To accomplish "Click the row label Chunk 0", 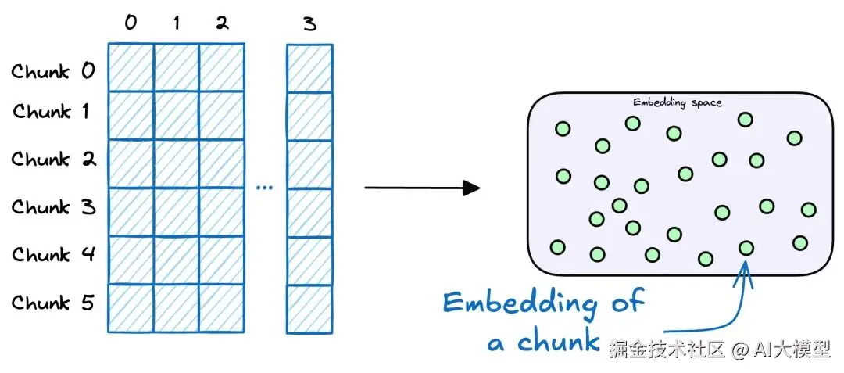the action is tap(53, 72).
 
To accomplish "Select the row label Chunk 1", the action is tap(51, 112).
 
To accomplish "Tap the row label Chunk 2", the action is tap(53, 160).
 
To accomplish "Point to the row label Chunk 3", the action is tap(53, 207).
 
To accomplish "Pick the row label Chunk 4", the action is tap(53, 255).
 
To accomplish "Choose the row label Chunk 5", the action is tap(53, 303).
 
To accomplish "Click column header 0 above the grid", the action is tap(131, 23).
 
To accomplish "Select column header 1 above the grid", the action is tap(177, 23).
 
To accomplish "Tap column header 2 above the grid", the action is tap(222, 23).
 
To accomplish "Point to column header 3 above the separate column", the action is tap(309, 24).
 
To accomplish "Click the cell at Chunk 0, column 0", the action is tap(131, 67).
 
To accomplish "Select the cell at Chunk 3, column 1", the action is tap(177, 212).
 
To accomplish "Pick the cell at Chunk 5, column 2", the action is tap(222, 308).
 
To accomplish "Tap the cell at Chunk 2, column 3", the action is tap(309, 163).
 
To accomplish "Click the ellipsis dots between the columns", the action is tap(265, 188).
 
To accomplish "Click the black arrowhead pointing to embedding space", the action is tap(471, 188).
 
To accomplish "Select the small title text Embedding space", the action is tap(677, 102).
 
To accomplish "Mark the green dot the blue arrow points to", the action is tap(746, 248).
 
